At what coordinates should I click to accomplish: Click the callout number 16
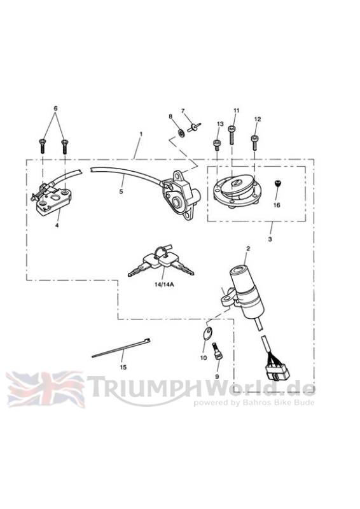[277, 205]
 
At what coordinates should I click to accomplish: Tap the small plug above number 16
[277, 184]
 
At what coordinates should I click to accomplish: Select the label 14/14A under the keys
[164, 284]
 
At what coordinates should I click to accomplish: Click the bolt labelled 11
[232, 135]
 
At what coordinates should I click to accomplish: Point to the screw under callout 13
[216, 145]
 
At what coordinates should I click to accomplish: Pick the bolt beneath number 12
[254, 142]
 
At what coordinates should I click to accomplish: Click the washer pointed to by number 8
[181, 132]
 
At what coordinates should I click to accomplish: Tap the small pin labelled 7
[194, 127]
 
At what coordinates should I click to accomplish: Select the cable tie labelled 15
[121, 348]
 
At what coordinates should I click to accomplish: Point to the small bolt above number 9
[216, 351]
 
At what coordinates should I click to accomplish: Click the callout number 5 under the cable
[121, 192]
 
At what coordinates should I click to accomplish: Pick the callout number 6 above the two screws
[55, 108]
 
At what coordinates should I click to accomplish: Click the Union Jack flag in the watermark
[45, 389]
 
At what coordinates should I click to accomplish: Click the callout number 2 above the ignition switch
[248, 249]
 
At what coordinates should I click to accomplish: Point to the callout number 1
[141, 134]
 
